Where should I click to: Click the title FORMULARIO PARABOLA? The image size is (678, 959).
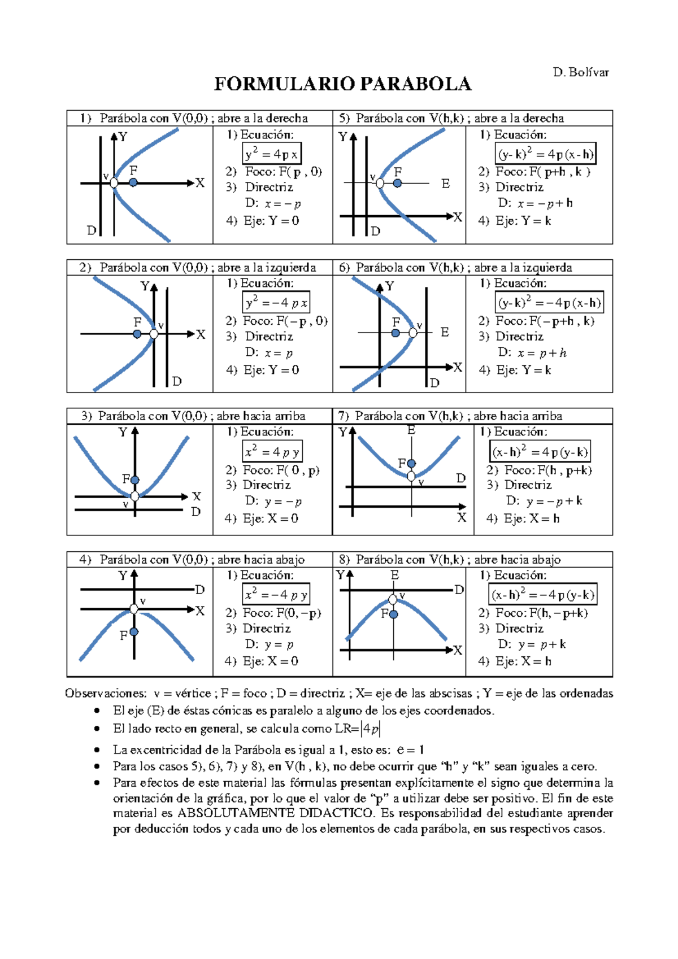coord(342,84)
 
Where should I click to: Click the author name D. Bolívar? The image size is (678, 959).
coord(581,72)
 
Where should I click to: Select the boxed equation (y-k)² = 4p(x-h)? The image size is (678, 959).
coord(545,154)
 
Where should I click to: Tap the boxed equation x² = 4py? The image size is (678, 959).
coord(272,452)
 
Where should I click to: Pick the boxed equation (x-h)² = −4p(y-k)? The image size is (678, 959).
coord(542,595)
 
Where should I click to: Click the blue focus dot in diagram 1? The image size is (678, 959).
coord(133,182)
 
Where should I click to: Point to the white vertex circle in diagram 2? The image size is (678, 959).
coord(154,334)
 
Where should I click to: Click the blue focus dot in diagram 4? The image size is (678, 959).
coord(134,632)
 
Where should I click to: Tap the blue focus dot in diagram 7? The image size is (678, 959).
coord(411,464)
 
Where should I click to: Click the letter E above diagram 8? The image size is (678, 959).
coord(394,575)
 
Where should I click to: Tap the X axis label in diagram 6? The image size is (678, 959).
coord(458,368)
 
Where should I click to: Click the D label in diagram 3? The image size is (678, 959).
coord(195,512)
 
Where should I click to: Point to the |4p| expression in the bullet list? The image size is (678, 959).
coord(371,729)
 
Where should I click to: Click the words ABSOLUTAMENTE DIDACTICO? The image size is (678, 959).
coord(275,813)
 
